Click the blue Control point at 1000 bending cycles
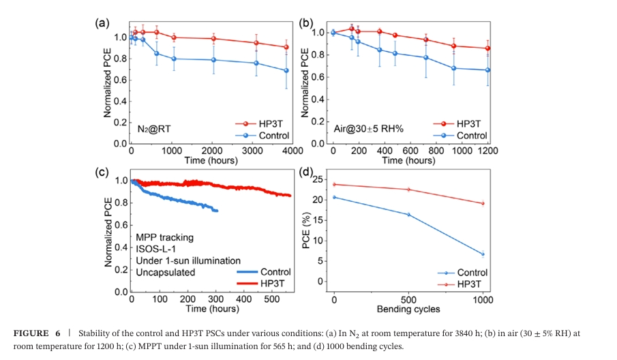coord(483,254)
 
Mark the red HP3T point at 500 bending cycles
coord(408,190)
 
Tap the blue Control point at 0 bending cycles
coord(334,197)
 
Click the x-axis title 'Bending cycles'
coord(408,309)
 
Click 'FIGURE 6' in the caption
coord(41,333)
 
